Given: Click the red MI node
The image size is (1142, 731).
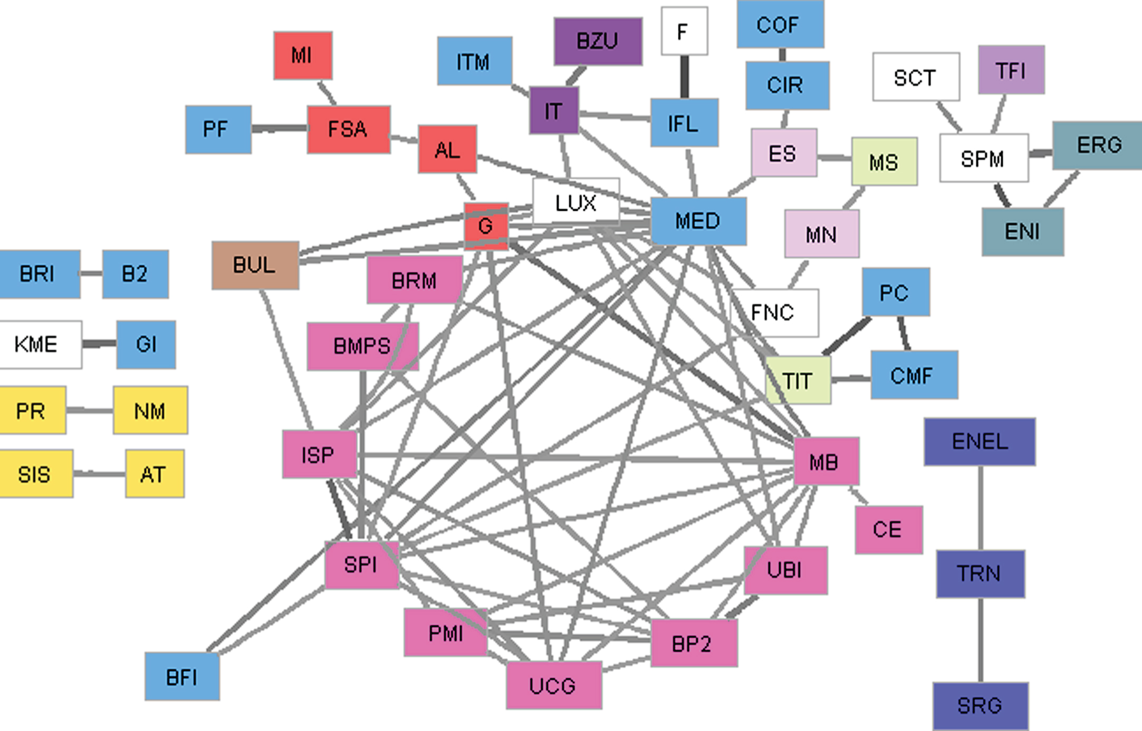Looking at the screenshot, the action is tap(303, 56).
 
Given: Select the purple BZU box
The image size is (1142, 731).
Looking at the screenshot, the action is tap(598, 42).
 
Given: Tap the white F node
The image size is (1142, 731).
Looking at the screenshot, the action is tap(684, 31).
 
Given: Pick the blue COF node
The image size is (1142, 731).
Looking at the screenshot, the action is tap(780, 24).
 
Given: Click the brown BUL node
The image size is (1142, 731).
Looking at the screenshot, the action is tap(255, 265).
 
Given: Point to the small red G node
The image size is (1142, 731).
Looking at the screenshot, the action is tap(486, 226).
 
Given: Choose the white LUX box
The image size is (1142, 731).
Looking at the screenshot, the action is tap(576, 202).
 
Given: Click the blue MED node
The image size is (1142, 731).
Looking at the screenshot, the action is tap(698, 221).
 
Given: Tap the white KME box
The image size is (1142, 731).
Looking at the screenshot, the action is tap(40, 345).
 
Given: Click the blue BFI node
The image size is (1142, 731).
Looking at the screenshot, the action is tap(182, 677).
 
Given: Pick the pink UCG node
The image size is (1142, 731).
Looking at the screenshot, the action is tap(554, 685).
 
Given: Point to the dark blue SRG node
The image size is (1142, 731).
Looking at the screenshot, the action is tap(980, 706).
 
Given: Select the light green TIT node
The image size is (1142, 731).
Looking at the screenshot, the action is tap(798, 380).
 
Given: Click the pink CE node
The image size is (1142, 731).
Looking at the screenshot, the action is tap(889, 530).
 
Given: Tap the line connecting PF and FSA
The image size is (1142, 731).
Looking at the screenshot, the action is tap(280, 129).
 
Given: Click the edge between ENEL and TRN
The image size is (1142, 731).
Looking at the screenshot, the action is tap(981, 508).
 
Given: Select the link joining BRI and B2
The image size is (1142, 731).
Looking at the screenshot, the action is tap(91, 274).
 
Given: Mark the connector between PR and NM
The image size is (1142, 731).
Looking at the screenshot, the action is tap(90, 410).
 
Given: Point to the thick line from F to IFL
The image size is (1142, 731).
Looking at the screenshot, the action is tap(684, 77).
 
